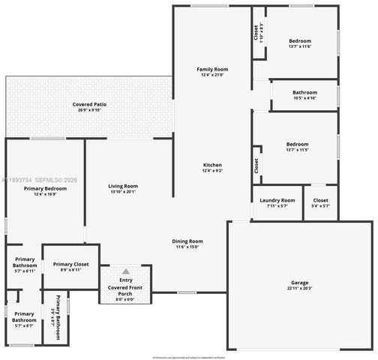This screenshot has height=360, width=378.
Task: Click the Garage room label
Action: pos(300,283)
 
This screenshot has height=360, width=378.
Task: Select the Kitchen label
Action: pos(213,165)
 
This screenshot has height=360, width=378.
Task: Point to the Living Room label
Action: pos(122,185)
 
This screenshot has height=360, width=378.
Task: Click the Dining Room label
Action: pos(189,241)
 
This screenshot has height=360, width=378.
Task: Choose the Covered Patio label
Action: pos(88,104)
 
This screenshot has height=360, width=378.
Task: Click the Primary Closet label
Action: pos(70,264)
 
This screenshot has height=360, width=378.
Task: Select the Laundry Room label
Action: pos(277,200)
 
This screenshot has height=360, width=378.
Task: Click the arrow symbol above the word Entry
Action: pos(125,271)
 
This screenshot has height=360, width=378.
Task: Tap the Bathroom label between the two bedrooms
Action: pos(304,92)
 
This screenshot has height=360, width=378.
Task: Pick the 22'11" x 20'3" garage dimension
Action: pos(300,289)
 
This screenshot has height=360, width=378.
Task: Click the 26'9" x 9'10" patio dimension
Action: pos(88,110)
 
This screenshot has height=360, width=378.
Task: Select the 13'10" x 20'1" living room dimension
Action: pos(122,191)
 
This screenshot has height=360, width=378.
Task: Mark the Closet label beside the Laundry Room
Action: pos(320,200)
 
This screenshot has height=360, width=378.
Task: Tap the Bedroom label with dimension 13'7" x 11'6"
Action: pos(300,40)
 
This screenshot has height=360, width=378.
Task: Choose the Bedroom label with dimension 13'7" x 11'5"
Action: pos(297,144)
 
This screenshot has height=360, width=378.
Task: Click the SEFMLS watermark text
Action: pos(52,181)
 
